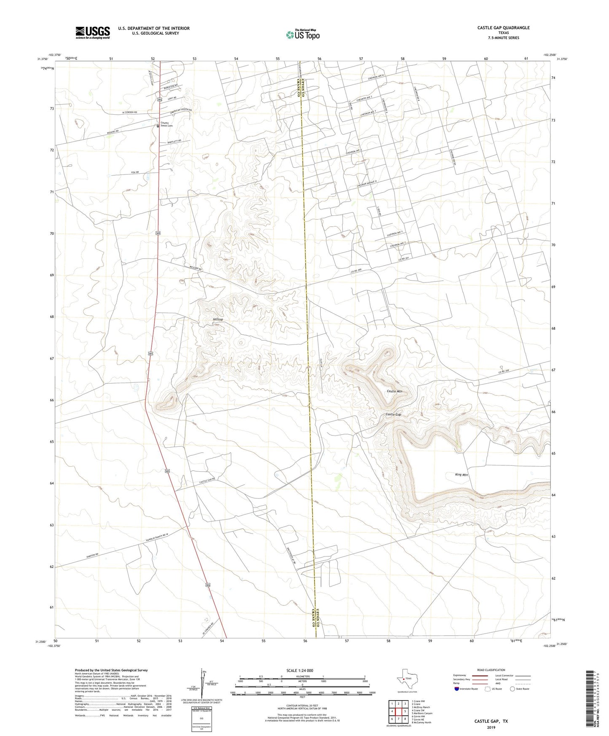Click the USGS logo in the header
point(93,32)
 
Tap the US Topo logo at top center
point(303,35)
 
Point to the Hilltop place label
point(217,320)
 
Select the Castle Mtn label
point(394,391)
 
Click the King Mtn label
point(461,475)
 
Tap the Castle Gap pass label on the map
point(393,414)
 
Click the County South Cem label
point(166,124)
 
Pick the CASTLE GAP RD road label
point(207,480)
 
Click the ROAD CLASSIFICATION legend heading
point(491,670)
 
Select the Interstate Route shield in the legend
point(457,689)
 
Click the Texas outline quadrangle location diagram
point(407,679)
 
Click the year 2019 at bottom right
point(491,728)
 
